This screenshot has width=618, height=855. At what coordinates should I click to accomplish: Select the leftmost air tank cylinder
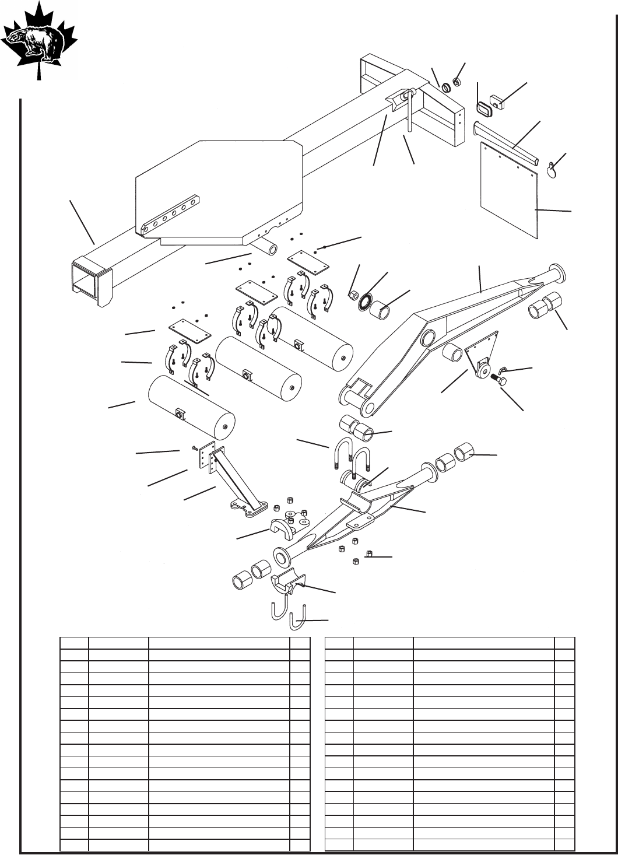[192, 408]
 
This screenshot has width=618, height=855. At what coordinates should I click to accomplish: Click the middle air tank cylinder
[259, 372]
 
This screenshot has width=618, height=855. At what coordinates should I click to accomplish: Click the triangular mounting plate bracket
[483, 357]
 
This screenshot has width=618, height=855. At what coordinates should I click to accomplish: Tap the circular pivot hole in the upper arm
[427, 338]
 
